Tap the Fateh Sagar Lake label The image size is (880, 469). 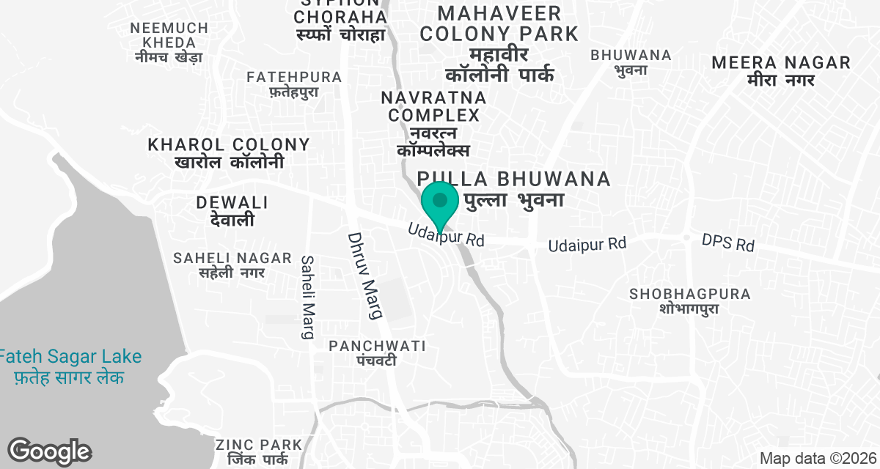[x=70, y=366]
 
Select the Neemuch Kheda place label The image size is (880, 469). [x=169, y=42]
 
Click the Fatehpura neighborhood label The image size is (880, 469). [x=294, y=84]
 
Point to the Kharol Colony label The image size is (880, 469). [x=229, y=152]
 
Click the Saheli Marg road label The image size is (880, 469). [x=308, y=297]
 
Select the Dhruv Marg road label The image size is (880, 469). [x=364, y=276]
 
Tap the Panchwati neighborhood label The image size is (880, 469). [x=377, y=352]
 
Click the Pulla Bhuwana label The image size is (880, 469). [x=513, y=188]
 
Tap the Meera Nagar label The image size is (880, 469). [x=781, y=70]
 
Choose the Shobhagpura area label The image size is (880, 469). [x=690, y=300]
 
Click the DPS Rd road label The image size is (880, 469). [x=727, y=243]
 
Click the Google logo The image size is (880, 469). [x=49, y=451]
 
